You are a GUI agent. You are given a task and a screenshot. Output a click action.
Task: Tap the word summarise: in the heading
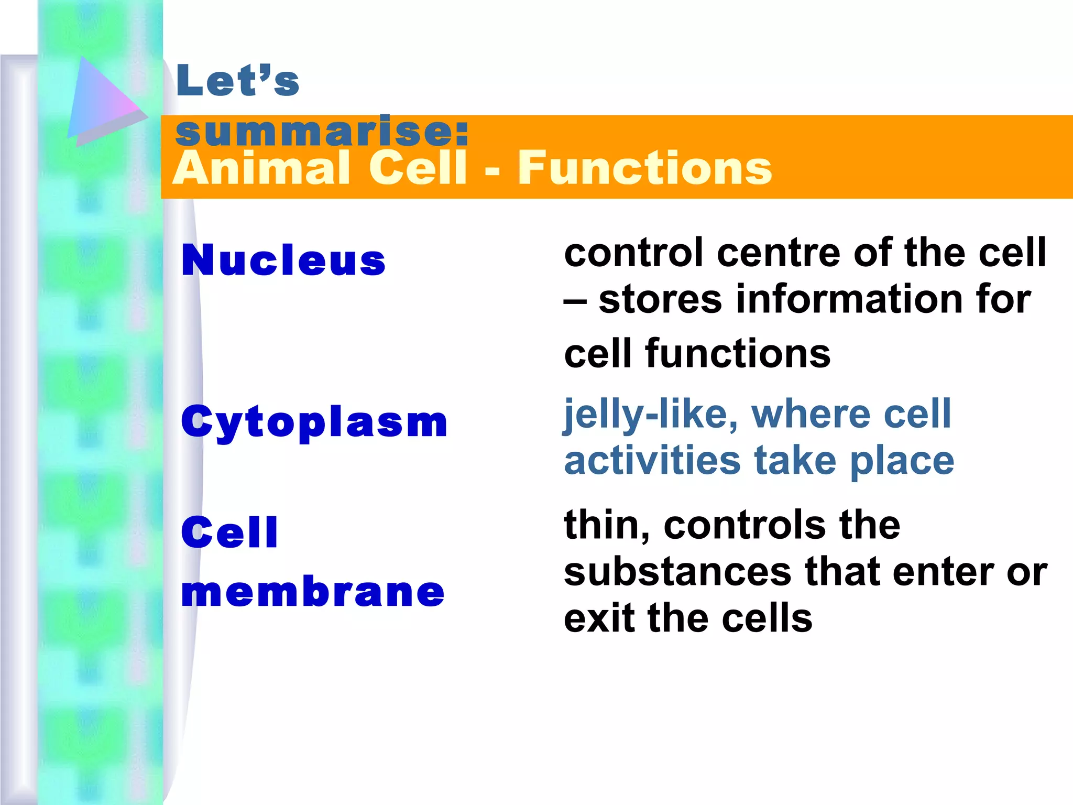pyautogui.click(x=321, y=132)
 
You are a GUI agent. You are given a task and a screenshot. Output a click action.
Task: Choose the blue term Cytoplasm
pyautogui.click(x=314, y=422)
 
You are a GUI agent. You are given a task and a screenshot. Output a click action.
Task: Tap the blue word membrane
pyautogui.click(x=313, y=592)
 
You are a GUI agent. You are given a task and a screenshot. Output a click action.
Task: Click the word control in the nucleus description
pyautogui.click(x=633, y=253)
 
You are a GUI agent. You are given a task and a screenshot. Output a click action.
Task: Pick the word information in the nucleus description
pyautogui.click(x=849, y=299)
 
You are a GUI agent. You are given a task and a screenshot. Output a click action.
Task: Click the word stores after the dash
pyautogui.click(x=660, y=300)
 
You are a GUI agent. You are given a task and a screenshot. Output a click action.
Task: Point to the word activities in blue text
pyautogui.click(x=652, y=461)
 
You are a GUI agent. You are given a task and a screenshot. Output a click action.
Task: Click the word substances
pyautogui.click(x=677, y=572)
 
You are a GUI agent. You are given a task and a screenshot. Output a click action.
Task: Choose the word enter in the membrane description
pyautogui.click(x=943, y=572)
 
